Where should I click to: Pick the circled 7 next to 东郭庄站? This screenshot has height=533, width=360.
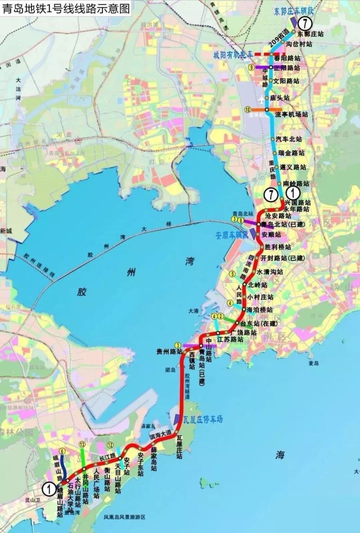306,22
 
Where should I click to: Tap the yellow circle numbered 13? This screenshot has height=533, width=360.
81,445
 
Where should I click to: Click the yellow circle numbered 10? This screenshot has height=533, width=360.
247,109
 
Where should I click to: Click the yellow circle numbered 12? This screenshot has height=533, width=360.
110,445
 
